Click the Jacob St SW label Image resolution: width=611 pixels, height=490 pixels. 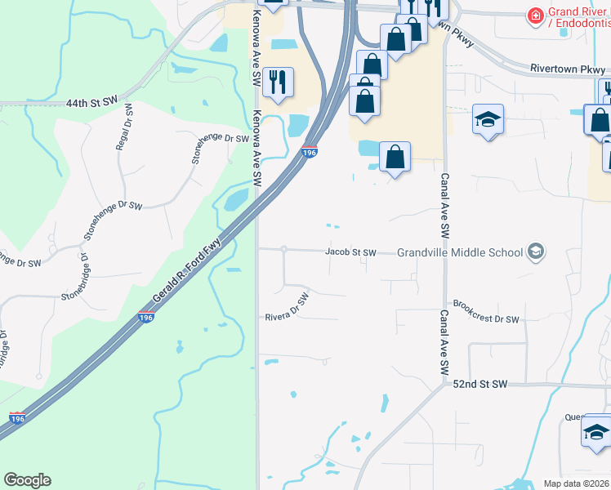(x=350, y=252)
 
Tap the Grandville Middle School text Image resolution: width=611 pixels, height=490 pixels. (x=460, y=252)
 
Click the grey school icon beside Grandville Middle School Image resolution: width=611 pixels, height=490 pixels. (x=536, y=252)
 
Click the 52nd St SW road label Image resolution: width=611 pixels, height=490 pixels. (x=479, y=384)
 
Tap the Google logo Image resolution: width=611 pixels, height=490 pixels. (x=27, y=480)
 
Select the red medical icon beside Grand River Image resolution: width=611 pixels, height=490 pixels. (x=535, y=16)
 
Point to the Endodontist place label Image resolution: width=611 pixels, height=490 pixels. (x=582, y=24)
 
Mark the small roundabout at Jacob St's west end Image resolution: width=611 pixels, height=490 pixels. (x=283, y=249)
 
